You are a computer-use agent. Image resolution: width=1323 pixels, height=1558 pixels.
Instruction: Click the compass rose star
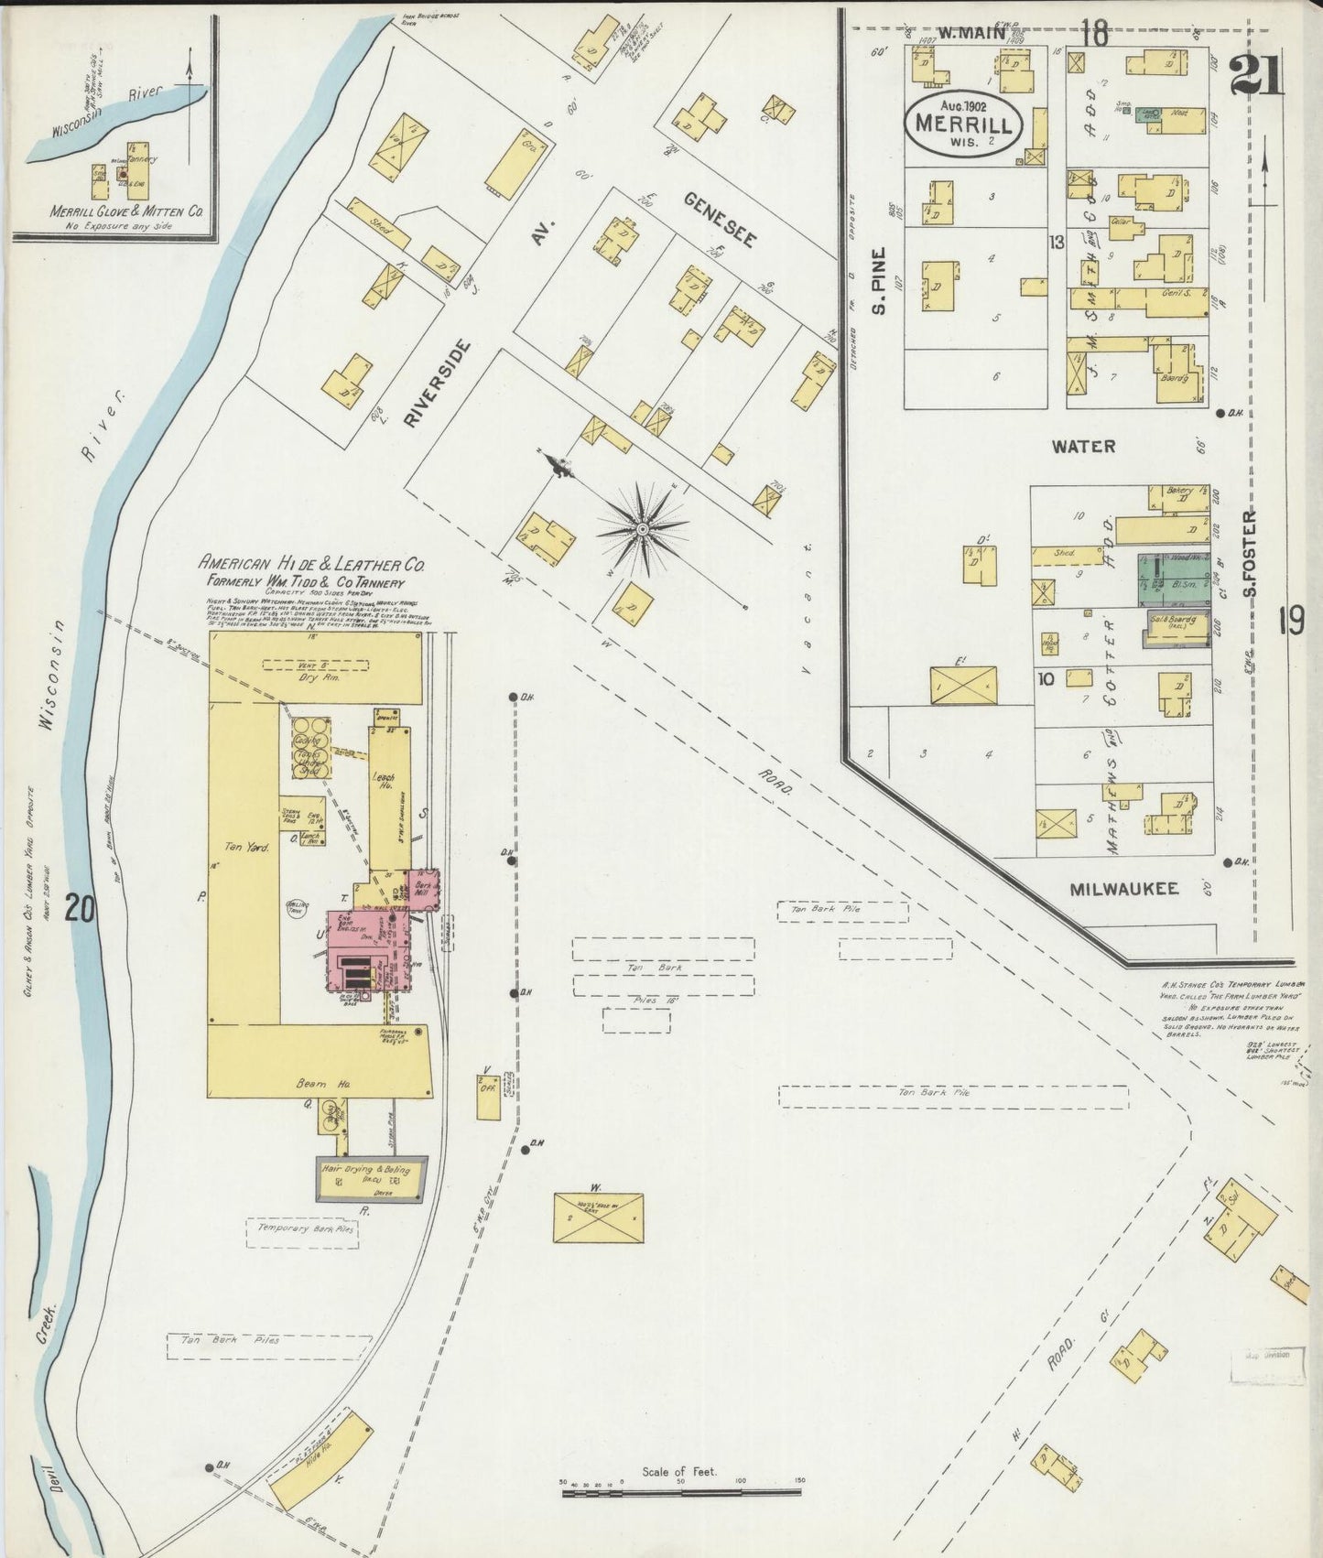643,528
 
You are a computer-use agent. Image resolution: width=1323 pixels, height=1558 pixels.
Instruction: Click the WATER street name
1083,447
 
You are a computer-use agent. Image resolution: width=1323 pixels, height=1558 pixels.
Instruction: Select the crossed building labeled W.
598,1217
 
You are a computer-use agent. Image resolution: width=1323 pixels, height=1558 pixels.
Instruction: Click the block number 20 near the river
81,910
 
